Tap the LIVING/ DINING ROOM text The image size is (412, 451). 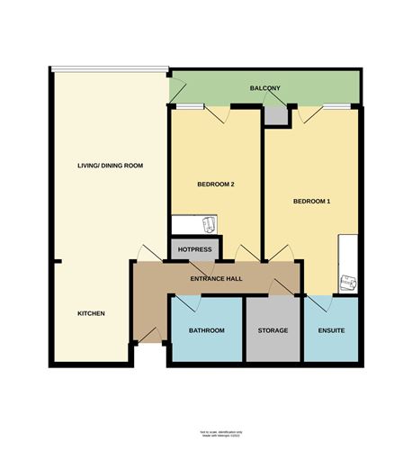click(x=110, y=166)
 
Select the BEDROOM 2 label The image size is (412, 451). click(x=215, y=185)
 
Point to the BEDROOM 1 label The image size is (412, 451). click(x=312, y=201)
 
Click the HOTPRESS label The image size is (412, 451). click(x=194, y=249)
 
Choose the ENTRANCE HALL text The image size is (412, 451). click(x=216, y=279)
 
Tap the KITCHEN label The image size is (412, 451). click(x=91, y=313)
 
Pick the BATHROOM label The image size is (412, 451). click(x=206, y=331)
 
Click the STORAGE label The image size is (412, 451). click(x=273, y=331)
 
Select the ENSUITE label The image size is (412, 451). click(x=332, y=331)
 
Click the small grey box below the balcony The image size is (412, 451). click(x=275, y=115)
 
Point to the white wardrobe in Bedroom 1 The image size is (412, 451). click(x=349, y=262)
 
